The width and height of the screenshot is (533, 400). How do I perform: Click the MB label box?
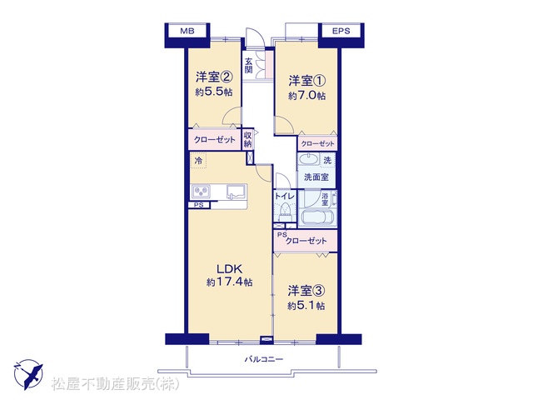coord(187,31)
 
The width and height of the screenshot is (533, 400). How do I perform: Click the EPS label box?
coord(341,31)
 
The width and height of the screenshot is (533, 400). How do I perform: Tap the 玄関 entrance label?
coord(248,66)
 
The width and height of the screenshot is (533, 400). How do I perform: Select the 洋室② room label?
coord(214,77)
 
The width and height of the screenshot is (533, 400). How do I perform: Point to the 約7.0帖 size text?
coord(307,96)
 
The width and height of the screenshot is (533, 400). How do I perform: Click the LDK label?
coord(230,269)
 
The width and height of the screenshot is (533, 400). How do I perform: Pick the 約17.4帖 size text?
coord(230,282)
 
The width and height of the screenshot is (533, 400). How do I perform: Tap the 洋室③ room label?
coord(306,291)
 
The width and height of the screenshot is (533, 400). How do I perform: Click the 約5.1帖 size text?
coord(306,306)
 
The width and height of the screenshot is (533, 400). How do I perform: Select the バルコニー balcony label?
coord(264,359)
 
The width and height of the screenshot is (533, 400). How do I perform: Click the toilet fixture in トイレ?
coord(285,212)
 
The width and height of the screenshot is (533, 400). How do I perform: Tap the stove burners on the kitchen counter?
coord(201,192)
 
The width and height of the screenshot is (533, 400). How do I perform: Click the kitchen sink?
coord(237,192)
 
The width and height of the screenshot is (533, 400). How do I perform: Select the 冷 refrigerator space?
coord(198,161)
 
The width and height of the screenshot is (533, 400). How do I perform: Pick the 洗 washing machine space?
coord(327,160)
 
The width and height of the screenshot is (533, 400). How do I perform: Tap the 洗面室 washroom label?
coord(316,177)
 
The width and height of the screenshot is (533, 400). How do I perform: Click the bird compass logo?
coord(28,374)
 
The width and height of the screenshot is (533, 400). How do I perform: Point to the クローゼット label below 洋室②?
coord(215,139)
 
